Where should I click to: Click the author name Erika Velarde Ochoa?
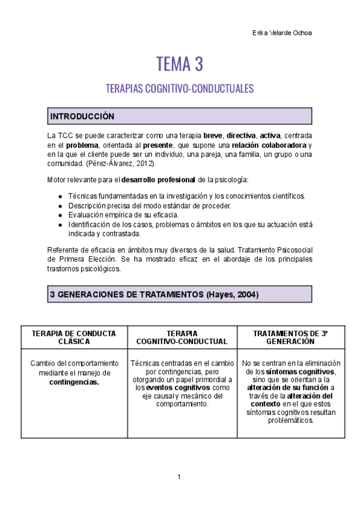click(282, 32)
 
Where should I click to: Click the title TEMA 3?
click(179, 63)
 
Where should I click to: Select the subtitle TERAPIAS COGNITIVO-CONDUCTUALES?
click(179, 89)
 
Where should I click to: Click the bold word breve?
click(213, 136)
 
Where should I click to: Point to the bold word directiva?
click(241, 136)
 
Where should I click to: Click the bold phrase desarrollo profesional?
click(159, 179)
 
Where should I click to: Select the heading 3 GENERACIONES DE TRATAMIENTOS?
click(126, 295)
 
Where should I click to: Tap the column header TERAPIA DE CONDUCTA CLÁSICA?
click(74, 337)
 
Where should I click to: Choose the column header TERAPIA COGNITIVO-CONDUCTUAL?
click(182, 337)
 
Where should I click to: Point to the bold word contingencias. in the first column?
click(74, 382)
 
